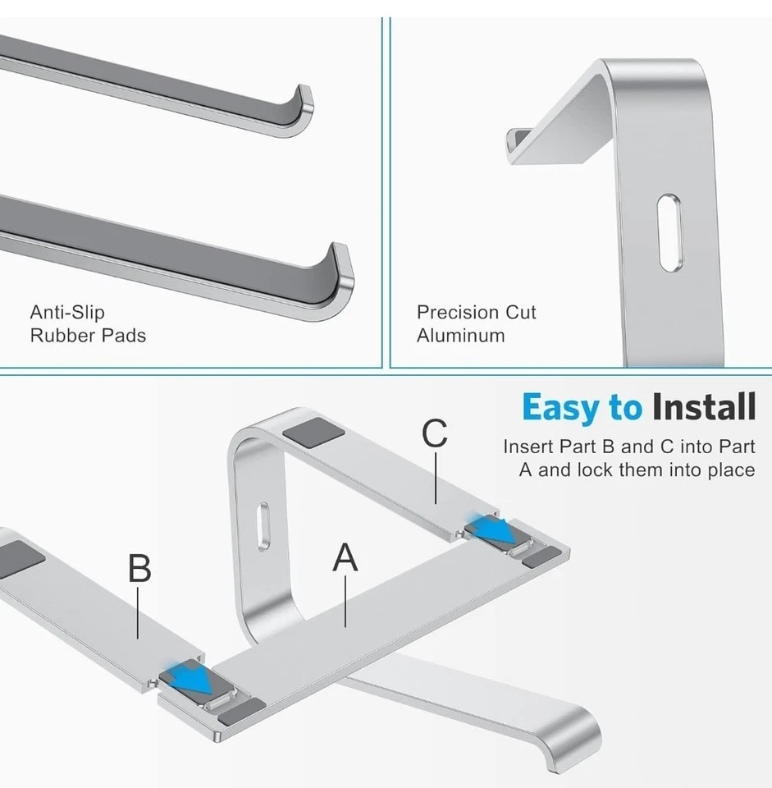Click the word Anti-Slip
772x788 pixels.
coord(67,312)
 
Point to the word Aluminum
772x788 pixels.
coord(460,335)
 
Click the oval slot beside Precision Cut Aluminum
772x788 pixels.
coord(669,231)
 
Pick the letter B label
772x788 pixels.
coord(139,568)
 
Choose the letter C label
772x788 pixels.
coord(435,434)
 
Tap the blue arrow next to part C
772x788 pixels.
coord(496,531)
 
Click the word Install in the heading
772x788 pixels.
coord(703,407)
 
